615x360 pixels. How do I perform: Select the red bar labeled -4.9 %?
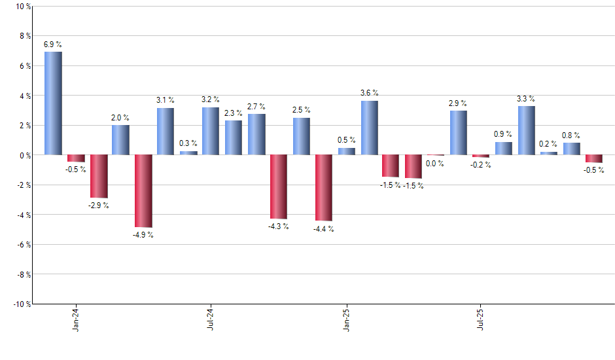pos(143,191)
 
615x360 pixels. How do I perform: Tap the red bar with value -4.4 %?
pos(324,188)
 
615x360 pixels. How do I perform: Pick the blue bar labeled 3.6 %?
pos(369,128)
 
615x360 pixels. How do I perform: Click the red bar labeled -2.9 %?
pos(98,176)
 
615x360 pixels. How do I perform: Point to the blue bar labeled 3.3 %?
pos(527,130)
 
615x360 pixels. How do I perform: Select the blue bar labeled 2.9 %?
pos(459,133)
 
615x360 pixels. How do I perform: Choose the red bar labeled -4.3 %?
pos(279,187)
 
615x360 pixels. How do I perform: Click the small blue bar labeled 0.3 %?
pos(188,153)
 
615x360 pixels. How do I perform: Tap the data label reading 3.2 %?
pos(211,99)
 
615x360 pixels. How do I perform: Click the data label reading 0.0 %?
pos(434,164)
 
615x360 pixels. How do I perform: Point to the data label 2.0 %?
pos(120,118)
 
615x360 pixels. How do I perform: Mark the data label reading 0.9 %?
pos(503,134)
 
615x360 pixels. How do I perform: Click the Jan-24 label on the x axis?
pos(76,319)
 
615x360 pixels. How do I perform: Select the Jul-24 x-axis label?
pos(211,319)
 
